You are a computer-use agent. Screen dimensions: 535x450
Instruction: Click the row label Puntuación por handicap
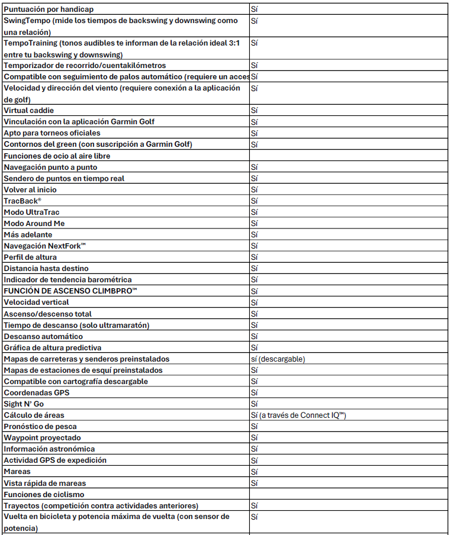49,9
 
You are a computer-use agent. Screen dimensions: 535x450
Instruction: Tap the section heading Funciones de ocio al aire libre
57,156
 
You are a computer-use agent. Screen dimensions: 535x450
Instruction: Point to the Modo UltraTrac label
31,212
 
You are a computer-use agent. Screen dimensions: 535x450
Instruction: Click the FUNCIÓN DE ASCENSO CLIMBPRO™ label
69,291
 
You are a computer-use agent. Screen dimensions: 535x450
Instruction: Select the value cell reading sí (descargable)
278,359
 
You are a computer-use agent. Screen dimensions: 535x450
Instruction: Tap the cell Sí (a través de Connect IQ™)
298,415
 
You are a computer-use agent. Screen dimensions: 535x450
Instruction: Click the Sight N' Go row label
24,404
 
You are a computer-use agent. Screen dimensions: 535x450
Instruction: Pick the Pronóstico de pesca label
40,427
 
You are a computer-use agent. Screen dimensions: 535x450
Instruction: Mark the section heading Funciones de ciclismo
44,494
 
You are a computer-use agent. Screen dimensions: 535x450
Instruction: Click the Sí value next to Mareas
255,472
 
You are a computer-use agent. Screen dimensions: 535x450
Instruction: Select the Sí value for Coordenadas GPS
255,393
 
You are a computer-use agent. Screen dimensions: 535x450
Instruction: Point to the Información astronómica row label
49,449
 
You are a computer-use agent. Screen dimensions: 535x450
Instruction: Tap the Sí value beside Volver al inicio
255,190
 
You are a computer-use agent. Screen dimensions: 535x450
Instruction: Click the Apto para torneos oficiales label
52,133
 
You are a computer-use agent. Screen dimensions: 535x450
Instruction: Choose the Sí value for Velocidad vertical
255,302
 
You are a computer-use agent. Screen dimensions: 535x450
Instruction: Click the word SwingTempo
25,21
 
